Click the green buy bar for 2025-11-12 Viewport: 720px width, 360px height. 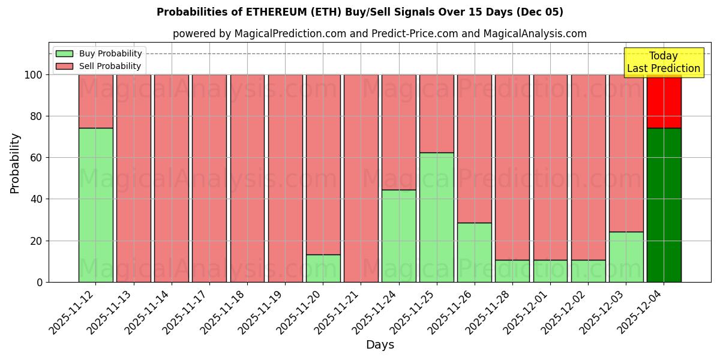click(x=95, y=205)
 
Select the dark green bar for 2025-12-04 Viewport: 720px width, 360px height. click(x=664, y=205)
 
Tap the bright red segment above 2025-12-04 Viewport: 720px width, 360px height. click(x=664, y=102)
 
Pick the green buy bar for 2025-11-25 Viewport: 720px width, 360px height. click(x=436, y=217)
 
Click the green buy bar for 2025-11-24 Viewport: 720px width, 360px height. click(x=398, y=236)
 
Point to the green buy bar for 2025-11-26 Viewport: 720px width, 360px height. click(x=474, y=252)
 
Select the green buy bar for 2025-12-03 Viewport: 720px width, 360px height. click(x=626, y=257)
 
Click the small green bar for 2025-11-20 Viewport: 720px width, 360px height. click(x=323, y=268)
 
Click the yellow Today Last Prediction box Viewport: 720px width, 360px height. click(x=663, y=62)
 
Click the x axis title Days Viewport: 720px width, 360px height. click(x=380, y=345)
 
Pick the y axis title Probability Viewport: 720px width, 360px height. click(x=15, y=163)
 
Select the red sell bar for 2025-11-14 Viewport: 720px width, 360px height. click(x=171, y=178)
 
